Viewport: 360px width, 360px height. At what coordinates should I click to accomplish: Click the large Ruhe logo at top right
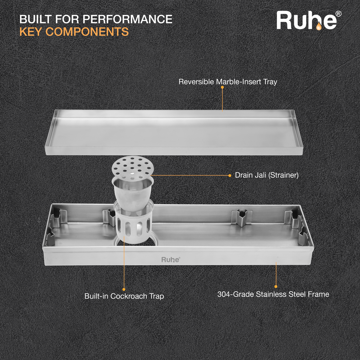(307, 21)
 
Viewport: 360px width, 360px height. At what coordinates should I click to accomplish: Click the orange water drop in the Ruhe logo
(318, 27)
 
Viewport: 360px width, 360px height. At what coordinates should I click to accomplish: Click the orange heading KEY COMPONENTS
(74, 32)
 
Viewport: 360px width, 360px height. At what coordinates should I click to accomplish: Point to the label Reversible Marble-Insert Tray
(227, 82)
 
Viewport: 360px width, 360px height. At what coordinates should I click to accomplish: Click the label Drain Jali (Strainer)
(267, 175)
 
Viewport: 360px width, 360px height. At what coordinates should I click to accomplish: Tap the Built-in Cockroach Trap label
(124, 296)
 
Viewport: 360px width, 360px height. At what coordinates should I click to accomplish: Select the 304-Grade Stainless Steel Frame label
(273, 294)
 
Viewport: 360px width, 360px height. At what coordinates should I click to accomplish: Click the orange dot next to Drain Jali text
(230, 176)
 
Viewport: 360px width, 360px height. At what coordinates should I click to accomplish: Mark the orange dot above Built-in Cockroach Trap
(124, 289)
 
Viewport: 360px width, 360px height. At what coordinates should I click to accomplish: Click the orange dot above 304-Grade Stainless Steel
(276, 286)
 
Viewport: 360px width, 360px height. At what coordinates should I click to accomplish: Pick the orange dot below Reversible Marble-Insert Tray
(222, 87)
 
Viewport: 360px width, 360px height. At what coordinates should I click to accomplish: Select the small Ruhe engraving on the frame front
(171, 260)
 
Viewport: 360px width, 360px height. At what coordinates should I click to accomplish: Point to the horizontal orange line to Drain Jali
(190, 176)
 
